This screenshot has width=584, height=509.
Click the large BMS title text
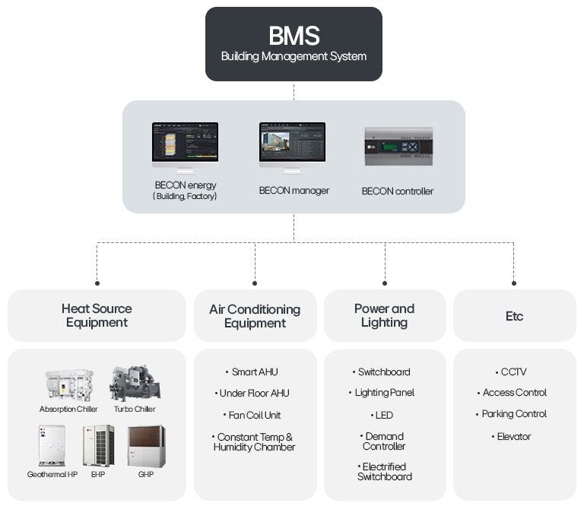294,36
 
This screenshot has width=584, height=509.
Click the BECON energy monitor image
185,147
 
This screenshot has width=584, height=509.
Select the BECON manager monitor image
292,147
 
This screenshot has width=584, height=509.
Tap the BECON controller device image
398,147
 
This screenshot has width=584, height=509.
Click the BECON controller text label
397,191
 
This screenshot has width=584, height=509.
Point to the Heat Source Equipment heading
97,315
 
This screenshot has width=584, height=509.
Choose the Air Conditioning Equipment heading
255,316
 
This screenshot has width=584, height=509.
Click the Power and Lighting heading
384,315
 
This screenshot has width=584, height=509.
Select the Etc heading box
514,316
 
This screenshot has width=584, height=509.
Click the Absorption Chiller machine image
68,385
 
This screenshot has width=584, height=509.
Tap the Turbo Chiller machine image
135,384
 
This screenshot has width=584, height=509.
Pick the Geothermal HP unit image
52,444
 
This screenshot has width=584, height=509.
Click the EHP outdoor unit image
99,444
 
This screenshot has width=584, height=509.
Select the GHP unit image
146,445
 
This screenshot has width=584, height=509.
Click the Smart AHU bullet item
254,372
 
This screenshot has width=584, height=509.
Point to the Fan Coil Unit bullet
254,416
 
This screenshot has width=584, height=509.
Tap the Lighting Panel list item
384,393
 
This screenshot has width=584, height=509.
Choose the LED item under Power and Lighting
383,416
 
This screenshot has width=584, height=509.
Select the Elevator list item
514,437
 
